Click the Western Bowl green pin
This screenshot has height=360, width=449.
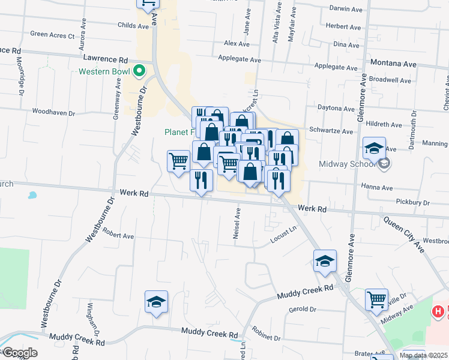(139, 71)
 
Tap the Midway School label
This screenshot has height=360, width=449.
(356, 164)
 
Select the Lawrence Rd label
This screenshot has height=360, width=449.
(106, 60)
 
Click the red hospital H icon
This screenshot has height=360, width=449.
(439, 311)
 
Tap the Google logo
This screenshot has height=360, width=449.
(19, 353)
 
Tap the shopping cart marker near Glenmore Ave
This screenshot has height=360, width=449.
(376, 299)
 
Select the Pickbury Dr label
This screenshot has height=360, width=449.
(414, 203)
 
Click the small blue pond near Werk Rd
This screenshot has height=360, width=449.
(32, 195)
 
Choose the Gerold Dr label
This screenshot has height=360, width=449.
(302, 310)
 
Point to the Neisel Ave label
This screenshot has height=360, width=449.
(238, 223)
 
